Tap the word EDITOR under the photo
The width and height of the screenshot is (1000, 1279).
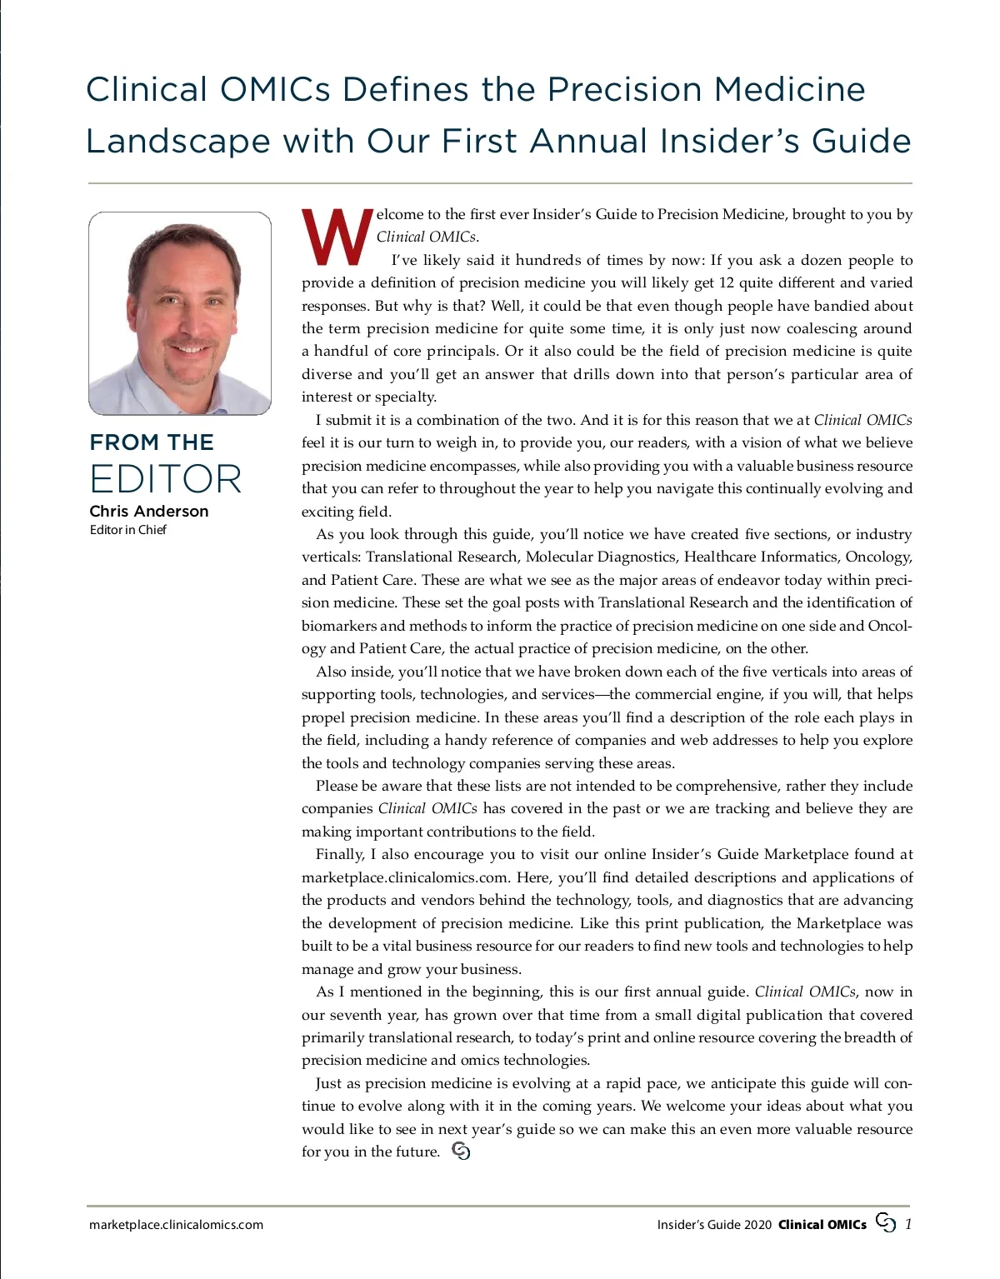pos(166,479)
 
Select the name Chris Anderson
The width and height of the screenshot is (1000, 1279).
pos(149,511)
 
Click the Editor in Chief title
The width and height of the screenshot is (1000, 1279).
pos(128,530)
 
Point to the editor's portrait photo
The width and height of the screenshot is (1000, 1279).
pos(180,313)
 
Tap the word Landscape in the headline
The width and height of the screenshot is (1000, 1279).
pos(178,141)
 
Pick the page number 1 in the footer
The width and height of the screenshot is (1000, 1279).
pos(907,1224)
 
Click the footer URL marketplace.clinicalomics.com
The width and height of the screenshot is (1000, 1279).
pos(176,1225)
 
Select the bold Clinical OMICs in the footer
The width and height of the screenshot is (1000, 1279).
pos(822,1225)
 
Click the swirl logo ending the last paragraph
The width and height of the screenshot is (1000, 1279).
pos(461,1152)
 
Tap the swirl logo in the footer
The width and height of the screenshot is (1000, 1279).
pos(886,1223)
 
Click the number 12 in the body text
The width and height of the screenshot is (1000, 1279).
pos(726,282)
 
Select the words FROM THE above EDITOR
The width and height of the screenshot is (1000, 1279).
pos(152,442)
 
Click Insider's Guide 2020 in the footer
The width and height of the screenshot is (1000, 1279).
pos(714,1225)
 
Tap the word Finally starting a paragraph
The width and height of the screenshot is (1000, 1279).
pos(340,854)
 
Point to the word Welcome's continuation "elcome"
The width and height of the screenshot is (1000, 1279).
pos(400,214)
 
